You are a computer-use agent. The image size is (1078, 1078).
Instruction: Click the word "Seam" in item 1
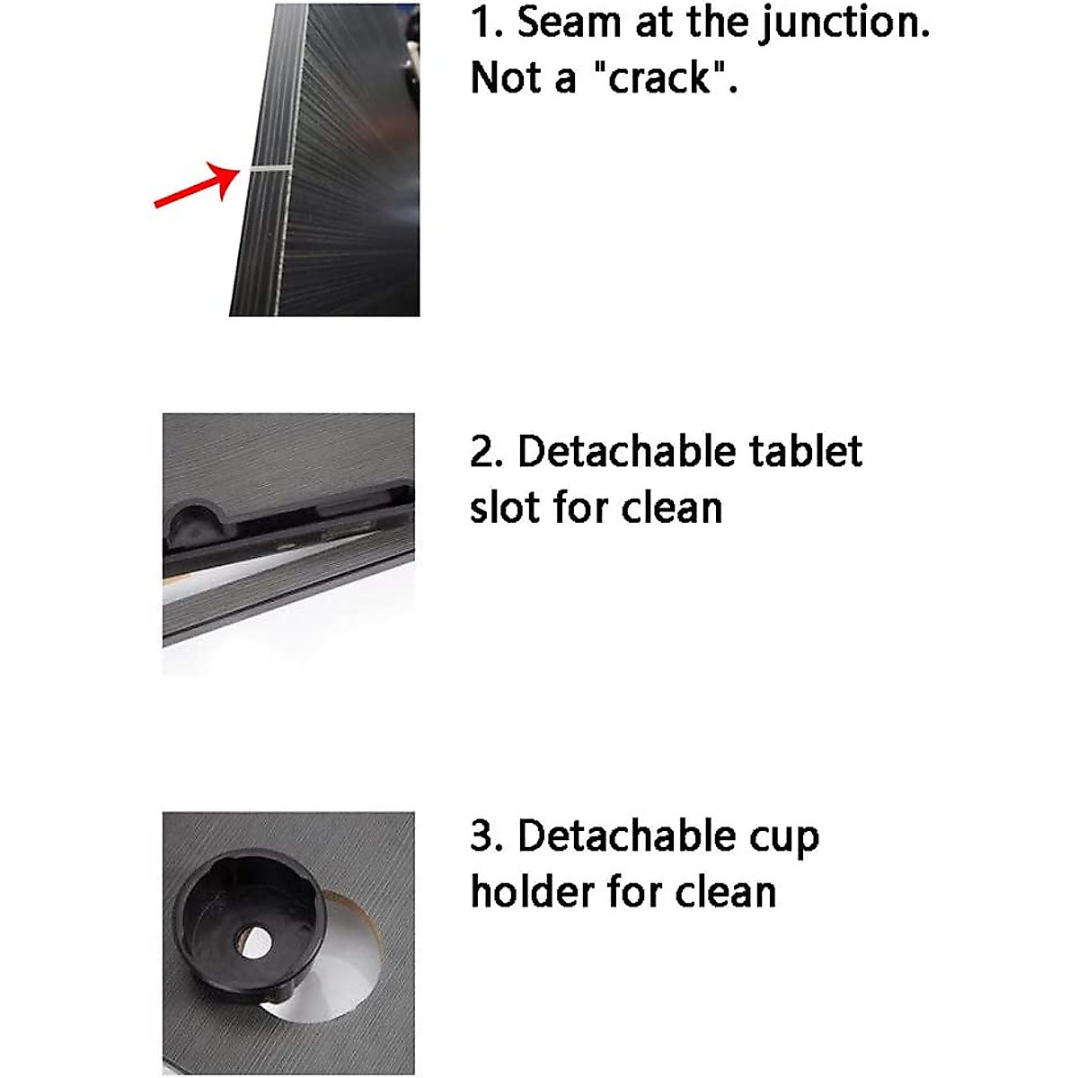click(x=570, y=22)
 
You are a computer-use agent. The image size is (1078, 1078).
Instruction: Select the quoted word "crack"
click(x=660, y=79)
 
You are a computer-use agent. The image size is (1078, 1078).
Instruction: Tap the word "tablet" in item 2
click(x=805, y=451)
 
